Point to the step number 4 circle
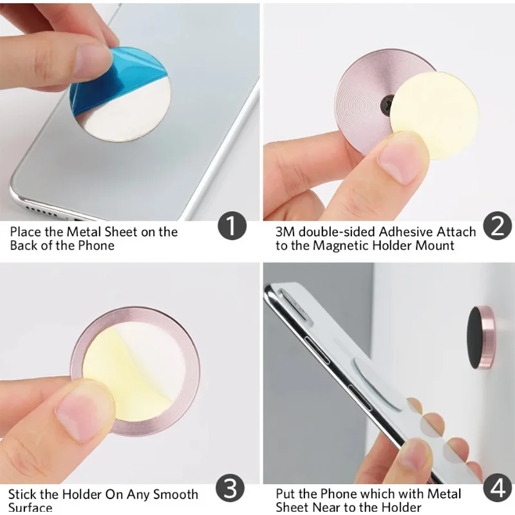pos(498,489)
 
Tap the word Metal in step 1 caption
pos(83,232)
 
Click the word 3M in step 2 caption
pos(285,232)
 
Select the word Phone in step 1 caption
pos(97,246)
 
